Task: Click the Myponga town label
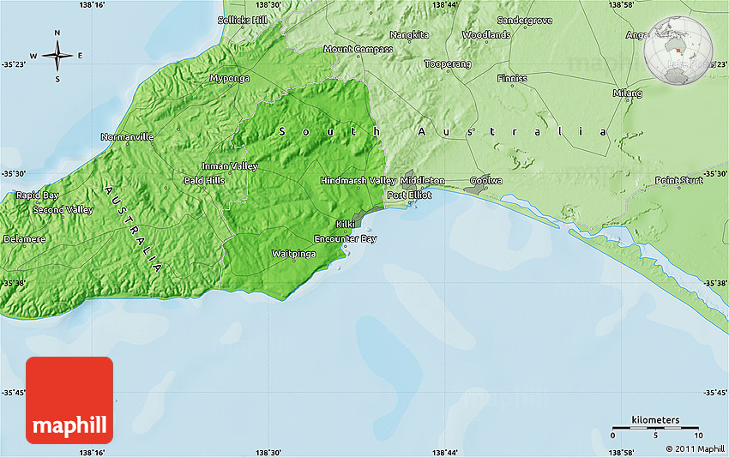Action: point(229,78)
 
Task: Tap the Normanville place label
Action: point(127,136)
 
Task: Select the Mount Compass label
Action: point(358,49)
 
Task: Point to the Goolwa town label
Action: point(486,181)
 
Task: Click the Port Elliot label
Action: point(409,195)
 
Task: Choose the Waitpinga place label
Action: point(293,254)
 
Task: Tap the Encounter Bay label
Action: point(345,238)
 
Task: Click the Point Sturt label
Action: point(678,180)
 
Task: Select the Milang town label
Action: point(627,93)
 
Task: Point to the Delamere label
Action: point(25,238)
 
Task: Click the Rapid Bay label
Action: point(37,195)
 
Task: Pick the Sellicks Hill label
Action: point(243,19)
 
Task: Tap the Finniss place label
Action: point(512,78)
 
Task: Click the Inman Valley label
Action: point(229,165)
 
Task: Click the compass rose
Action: point(57,57)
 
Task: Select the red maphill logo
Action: point(69,400)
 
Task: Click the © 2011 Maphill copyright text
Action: point(695,448)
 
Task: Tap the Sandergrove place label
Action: point(525,19)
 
